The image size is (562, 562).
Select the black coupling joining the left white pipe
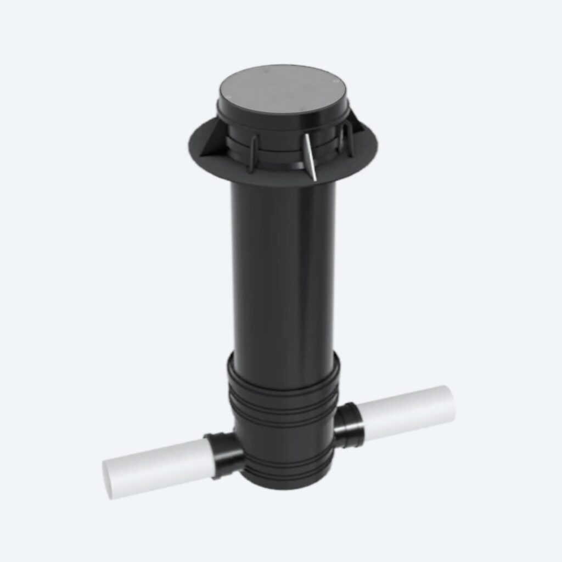click(x=224, y=454)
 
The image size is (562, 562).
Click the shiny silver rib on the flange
click(x=311, y=156)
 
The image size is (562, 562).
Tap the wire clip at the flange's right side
click(x=345, y=140)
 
